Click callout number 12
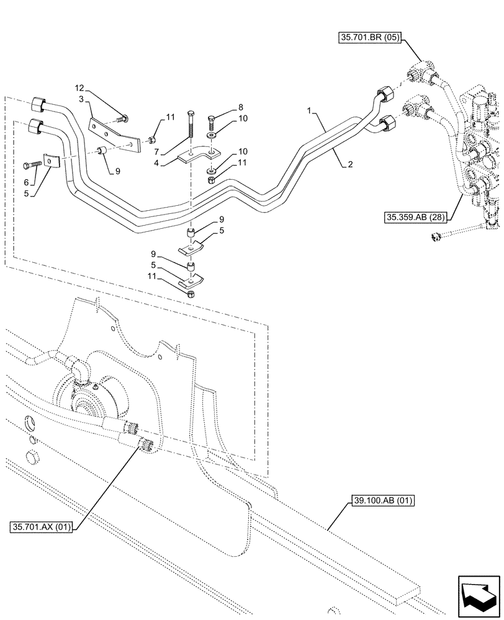click(x=79, y=89)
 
